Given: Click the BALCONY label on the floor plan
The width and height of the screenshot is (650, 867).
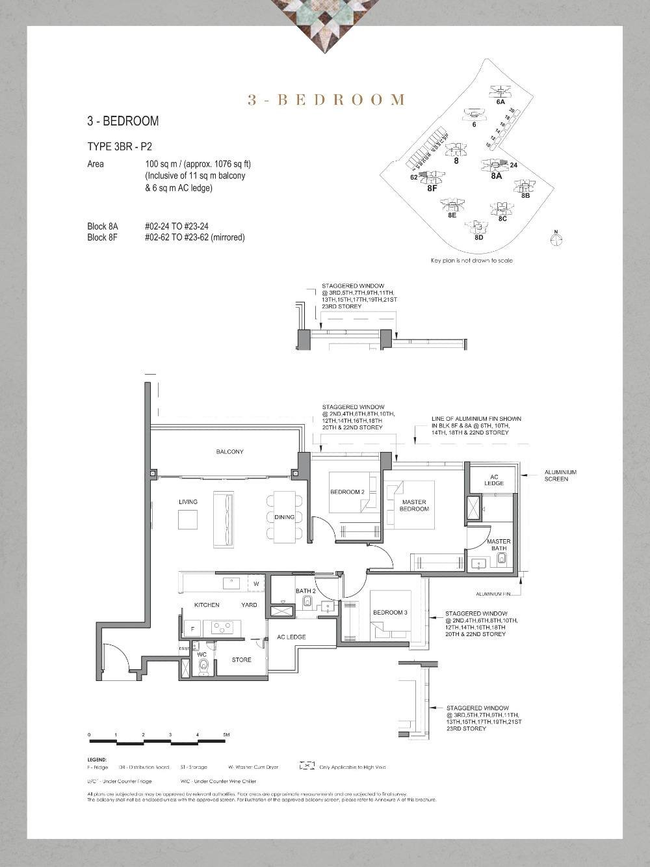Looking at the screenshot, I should pyautogui.click(x=229, y=451).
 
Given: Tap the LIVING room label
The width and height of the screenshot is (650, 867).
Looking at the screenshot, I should pyautogui.click(x=188, y=502).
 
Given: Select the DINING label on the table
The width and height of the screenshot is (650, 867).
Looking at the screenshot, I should pyautogui.click(x=284, y=517).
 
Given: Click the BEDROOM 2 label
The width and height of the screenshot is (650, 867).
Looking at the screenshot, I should pyautogui.click(x=347, y=492).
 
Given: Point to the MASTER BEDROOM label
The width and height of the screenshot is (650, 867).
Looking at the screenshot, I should pyautogui.click(x=414, y=505).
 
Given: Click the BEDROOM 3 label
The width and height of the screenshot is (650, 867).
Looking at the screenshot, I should pyautogui.click(x=390, y=613).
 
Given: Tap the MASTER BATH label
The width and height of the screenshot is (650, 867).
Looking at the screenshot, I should pyautogui.click(x=499, y=545).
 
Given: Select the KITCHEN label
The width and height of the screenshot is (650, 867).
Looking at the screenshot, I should pyautogui.click(x=207, y=605).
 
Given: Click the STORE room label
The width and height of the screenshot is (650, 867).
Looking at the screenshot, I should pyautogui.click(x=241, y=660).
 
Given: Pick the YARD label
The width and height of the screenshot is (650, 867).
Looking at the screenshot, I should pyautogui.click(x=249, y=605).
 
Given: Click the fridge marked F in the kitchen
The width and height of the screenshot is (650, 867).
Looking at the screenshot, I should pyautogui.click(x=192, y=629).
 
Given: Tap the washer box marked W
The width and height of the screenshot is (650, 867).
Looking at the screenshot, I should pyautogui.click(x=256, y=584).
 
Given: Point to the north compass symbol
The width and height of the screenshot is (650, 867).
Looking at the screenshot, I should pyautogui.click(x=556, y=239).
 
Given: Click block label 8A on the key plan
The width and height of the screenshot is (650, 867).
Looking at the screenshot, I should pyautogui.click(x=496, y=176).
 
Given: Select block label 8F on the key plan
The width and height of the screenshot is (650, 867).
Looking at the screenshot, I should pyautogui.click(x=432, y=189).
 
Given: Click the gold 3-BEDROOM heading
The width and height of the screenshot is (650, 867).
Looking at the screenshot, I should pyautogui.click(x=326, y=100).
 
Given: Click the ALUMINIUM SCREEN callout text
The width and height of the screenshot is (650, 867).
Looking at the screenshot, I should pyautogui.click(x=560, y=475).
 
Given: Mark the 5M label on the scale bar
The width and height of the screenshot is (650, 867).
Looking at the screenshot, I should pyautogui.click(x=226, y=735).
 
